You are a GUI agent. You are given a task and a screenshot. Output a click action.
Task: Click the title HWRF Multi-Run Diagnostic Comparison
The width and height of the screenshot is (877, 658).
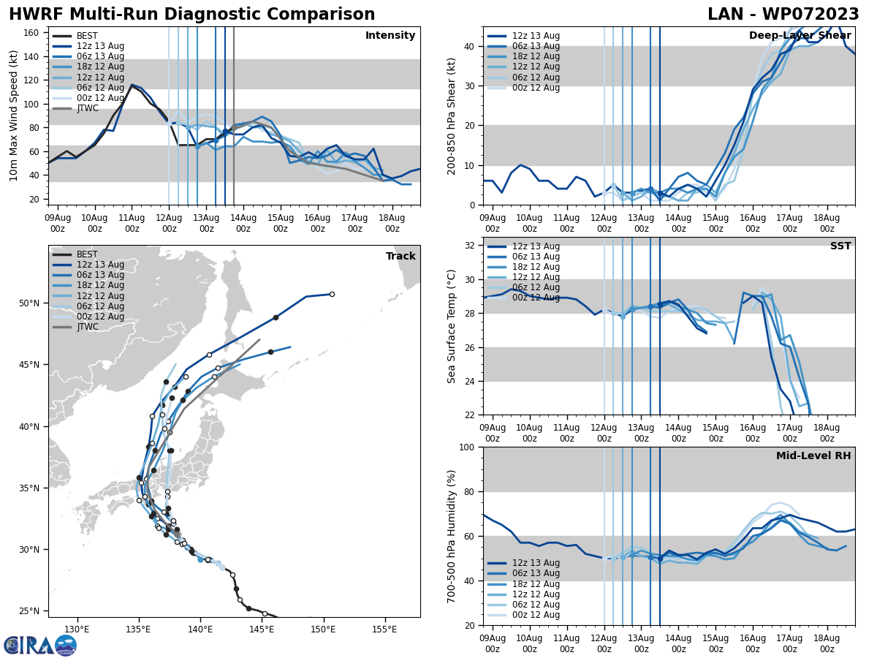click(x=191, y=15)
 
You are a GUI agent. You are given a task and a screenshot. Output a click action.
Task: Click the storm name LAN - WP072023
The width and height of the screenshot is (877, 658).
click(x=783, y=15)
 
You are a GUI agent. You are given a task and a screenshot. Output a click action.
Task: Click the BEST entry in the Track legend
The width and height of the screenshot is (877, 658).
click(x=87, y=254)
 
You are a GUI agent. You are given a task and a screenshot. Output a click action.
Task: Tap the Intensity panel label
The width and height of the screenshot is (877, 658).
click(x=390, y=36)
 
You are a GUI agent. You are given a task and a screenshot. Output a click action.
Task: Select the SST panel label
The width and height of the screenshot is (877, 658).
click(x=840, y=246)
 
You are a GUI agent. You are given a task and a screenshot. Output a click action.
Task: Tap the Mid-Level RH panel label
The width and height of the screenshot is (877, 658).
click(x=813, y=456)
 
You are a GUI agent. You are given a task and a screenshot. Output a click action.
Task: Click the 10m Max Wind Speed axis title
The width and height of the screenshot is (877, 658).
click(x=14, y=116)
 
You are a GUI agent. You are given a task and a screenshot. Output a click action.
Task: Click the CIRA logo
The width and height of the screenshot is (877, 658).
click(x=39, y=645)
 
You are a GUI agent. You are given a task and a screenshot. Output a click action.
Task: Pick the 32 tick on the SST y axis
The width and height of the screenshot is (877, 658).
click(x=471, y=246)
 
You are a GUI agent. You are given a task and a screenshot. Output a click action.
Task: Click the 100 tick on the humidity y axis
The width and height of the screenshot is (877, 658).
click(x=468, y=447)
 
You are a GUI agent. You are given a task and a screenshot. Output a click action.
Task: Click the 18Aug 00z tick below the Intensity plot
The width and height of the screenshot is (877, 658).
click(x=392, y=223)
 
